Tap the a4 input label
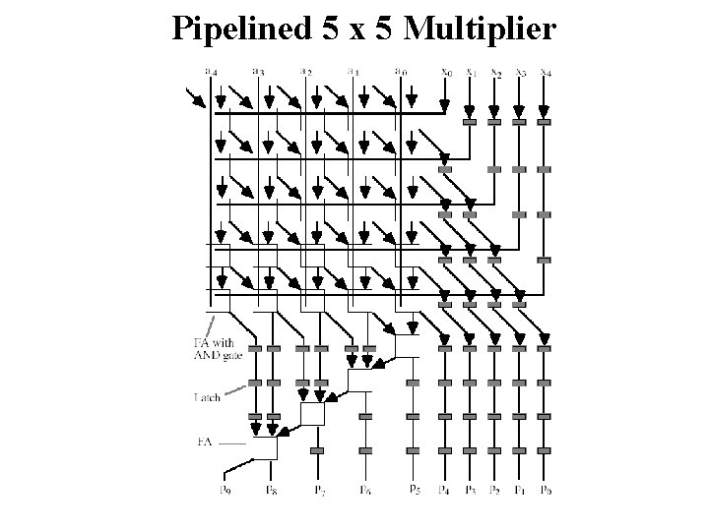coord(210,70)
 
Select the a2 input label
coord(306,71)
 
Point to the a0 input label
coord(400,71)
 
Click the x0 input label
coord(446,71)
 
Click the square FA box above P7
coord(312,413)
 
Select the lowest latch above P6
coord(365,451)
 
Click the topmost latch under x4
coord(545,122)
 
